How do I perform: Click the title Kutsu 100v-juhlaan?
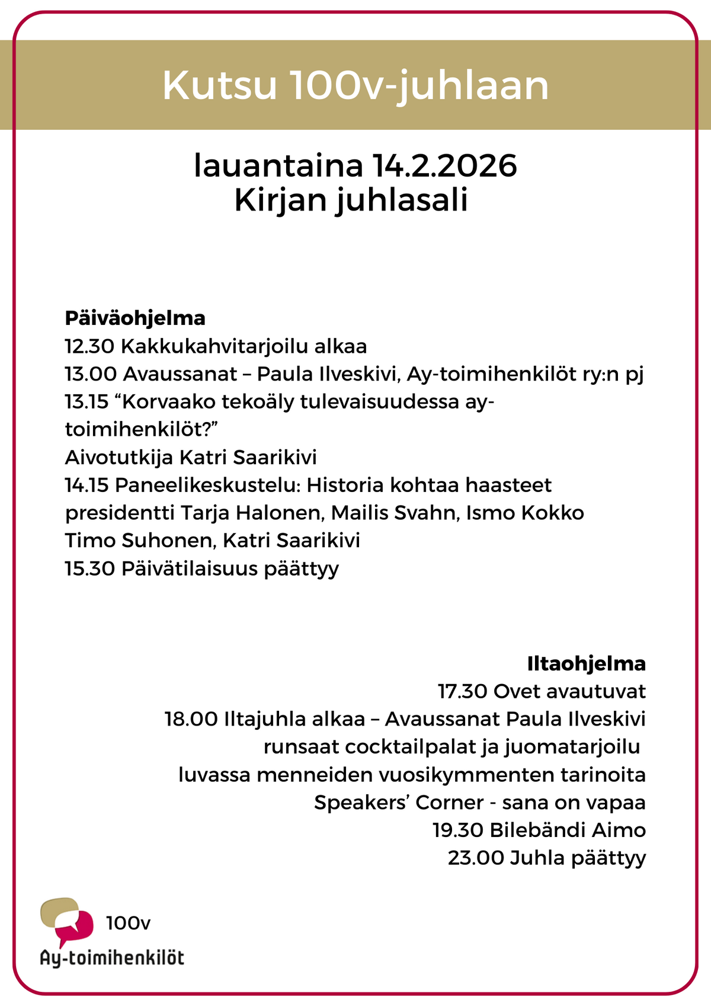[355, 86]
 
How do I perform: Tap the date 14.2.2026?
[445, 166]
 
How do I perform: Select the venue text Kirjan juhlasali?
[351, 200]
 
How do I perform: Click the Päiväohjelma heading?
[135, 318]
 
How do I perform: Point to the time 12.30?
[89, 346]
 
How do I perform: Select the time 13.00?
[91, 374]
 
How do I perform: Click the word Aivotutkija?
[118, 458]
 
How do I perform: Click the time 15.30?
[90, 569]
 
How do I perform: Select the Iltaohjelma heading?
[586, 663]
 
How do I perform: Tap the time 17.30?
[463, 691]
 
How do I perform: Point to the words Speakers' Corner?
[399, 803]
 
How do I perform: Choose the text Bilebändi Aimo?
[568, 830]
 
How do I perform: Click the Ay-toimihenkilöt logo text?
[112, 958]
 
